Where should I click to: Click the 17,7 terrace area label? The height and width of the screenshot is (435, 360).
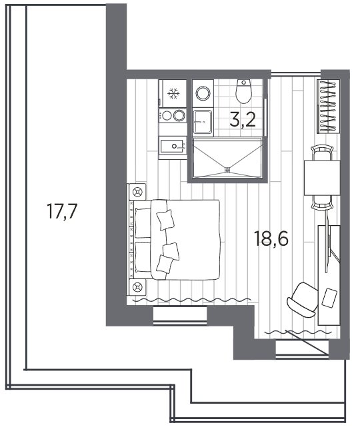pos(61,211)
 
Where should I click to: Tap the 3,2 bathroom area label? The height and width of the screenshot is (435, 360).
pos(243,120)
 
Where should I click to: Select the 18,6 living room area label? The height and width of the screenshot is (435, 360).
pos(271,238)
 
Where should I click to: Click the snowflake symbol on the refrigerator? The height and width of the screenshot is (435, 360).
pos(174,94)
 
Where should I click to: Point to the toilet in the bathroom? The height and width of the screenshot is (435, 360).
pos(244,91)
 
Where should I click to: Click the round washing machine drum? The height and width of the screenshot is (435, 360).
pos(203,93)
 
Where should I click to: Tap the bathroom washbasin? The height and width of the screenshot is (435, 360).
pos(203,121)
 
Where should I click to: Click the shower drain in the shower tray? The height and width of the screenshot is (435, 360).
pos(227,169)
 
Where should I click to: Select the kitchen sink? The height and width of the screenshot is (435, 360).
pos(173,147)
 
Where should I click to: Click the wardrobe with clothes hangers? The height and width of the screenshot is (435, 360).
pos(329,106)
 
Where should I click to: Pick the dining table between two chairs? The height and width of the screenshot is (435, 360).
pos(322,178)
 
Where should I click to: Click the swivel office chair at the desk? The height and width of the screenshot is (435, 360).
pos(303,300)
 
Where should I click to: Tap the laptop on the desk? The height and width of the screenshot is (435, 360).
pos(329,298)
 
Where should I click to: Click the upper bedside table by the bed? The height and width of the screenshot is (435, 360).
pos(137,191)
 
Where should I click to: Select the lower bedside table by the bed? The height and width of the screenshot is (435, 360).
pos(137,287)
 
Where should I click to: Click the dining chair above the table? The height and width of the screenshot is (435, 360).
pos(322,153)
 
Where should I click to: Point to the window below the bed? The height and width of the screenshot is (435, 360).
pos(180,316)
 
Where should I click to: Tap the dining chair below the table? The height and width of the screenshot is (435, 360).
pos(322,203)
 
